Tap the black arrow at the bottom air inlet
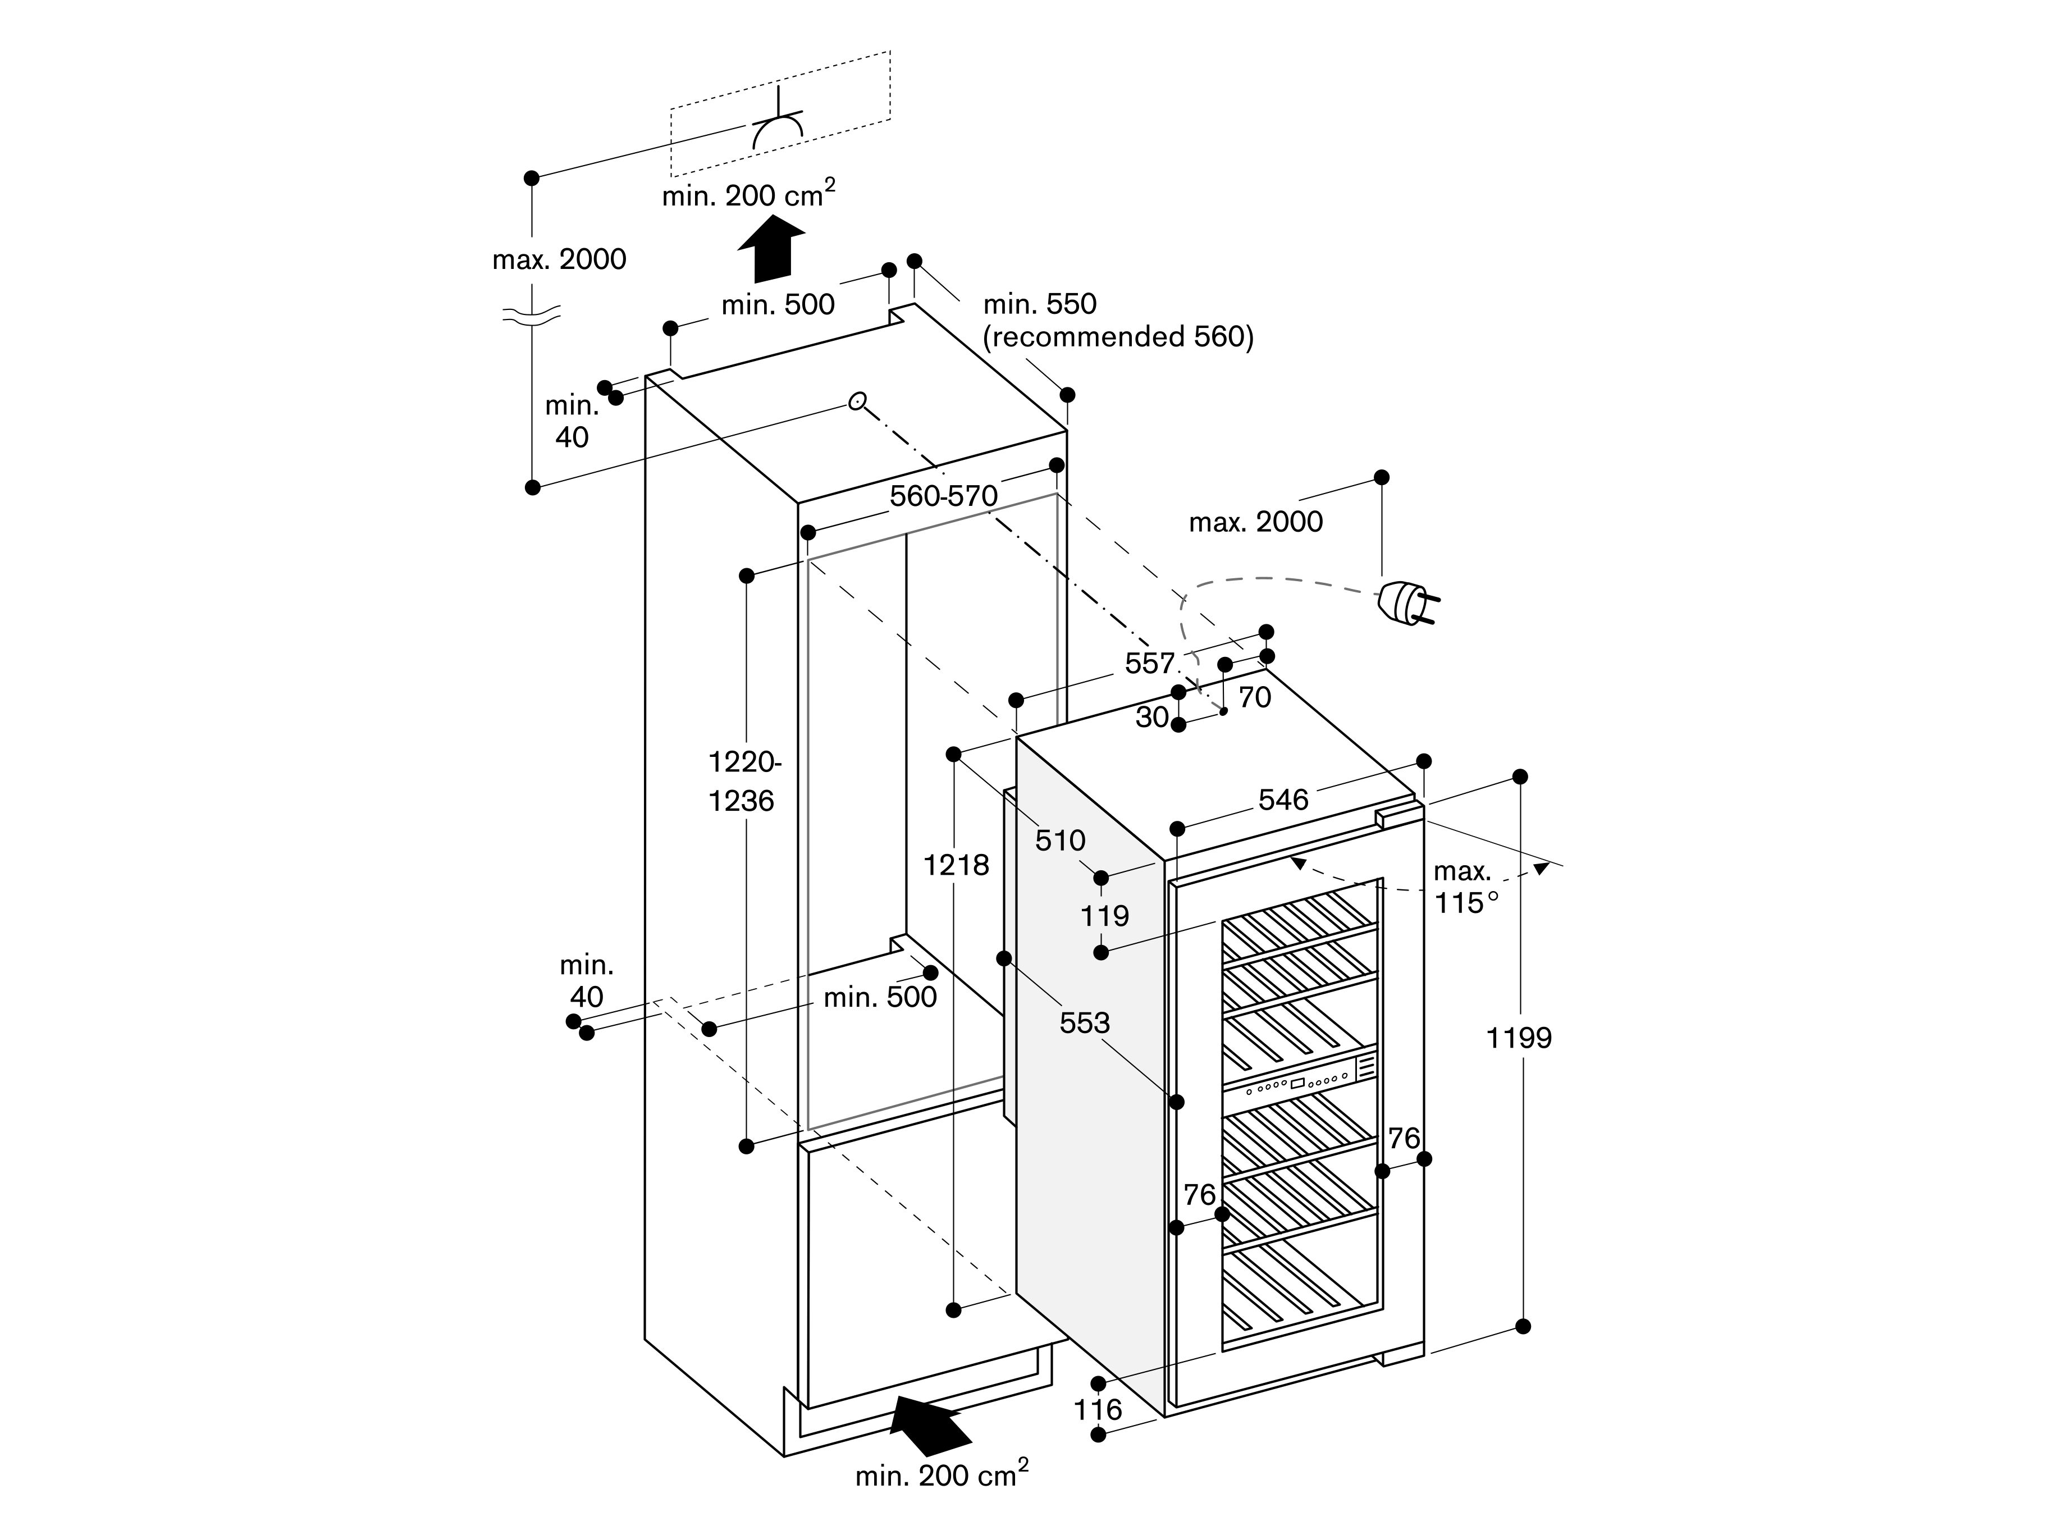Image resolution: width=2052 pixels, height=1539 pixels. (930, 1428)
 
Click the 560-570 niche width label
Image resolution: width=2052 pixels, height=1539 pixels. (943, 496)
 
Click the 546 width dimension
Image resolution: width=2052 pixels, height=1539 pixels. (1283, 800)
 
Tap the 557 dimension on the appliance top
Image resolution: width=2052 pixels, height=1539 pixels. (1149, 663)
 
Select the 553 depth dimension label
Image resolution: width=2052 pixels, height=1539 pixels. (1085, 1022)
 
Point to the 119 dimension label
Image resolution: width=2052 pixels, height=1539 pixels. (1104, 916)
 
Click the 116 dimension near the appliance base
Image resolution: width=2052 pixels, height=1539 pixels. (1098, 1410)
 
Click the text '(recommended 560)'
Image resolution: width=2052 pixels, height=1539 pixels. (1118, 337)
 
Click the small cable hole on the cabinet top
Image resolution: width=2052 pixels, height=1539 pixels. (857, 401)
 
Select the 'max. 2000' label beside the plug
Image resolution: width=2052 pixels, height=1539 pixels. (1255, 522)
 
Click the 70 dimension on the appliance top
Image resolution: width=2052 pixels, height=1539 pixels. (1254, 697)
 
